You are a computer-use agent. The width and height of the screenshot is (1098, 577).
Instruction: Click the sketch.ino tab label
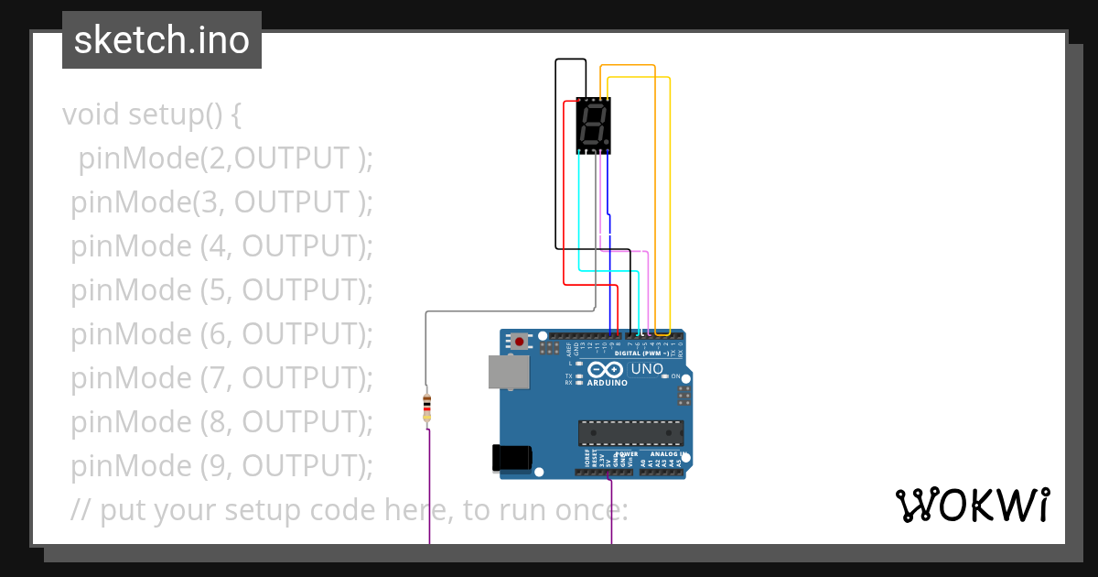point(161,40)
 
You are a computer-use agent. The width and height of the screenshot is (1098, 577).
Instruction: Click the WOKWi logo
point(972,506)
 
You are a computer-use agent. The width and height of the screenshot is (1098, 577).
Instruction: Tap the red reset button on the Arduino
point(520,342)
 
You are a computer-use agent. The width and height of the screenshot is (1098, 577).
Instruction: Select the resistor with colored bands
point(426,407)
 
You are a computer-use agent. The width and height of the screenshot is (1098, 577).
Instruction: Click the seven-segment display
point(593,125)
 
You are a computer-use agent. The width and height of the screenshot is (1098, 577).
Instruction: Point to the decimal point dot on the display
point(606,144)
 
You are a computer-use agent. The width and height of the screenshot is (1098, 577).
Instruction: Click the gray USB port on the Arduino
point(508,372)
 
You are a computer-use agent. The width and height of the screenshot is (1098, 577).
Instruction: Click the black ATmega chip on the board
point(630,433)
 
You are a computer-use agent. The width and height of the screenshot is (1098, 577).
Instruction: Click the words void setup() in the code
point(152,115)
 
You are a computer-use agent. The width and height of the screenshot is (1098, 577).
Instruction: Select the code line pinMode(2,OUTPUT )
point(225,158)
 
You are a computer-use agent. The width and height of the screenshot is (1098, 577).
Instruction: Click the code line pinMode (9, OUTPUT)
point(222,466)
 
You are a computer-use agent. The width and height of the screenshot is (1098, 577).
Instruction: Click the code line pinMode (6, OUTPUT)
point(222,334)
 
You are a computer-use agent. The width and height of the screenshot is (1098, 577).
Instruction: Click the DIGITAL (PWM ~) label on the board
point(640,354)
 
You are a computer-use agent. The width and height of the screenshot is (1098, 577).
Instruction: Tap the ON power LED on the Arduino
point(664,376)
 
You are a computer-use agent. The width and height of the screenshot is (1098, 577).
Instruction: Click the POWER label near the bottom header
point(627,453)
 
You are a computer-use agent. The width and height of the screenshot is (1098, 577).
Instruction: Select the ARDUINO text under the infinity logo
point(607,383)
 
